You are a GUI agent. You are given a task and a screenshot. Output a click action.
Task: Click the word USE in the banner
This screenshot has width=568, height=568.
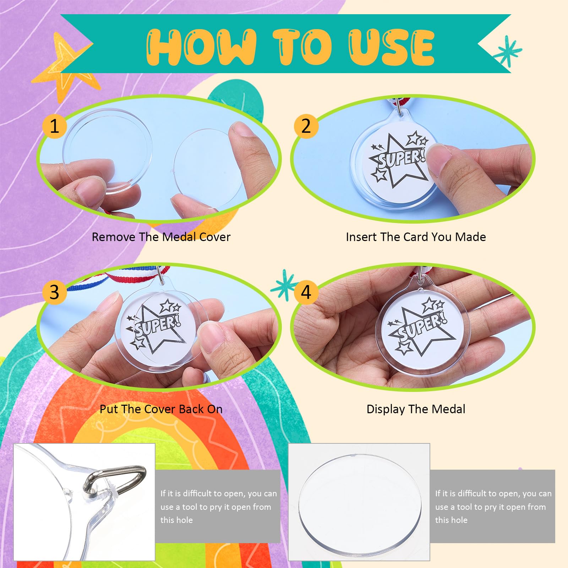coord(391,47)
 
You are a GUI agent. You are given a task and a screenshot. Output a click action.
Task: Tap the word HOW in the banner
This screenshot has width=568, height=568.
coord(201,47)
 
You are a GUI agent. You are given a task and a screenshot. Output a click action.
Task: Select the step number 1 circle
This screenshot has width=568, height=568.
coord(54,126)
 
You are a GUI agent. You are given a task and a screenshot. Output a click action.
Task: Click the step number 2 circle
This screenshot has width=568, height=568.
coord(306,126)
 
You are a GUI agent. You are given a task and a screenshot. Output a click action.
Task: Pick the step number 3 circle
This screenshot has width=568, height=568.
coord(54,292)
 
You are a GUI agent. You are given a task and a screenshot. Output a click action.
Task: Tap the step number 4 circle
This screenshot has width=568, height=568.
coord(306,292)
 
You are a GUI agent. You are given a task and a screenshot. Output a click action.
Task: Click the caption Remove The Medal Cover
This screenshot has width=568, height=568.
coord(161,237)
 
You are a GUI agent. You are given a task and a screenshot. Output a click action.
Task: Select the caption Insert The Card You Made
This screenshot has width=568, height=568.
coord(416,237)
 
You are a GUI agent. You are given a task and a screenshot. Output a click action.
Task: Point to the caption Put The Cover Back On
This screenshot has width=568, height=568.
coord(161,409)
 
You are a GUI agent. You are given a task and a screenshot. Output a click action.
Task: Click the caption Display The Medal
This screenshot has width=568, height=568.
coord(416,409)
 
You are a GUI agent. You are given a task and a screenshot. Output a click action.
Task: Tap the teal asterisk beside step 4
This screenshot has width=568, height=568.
coord(284,285)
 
